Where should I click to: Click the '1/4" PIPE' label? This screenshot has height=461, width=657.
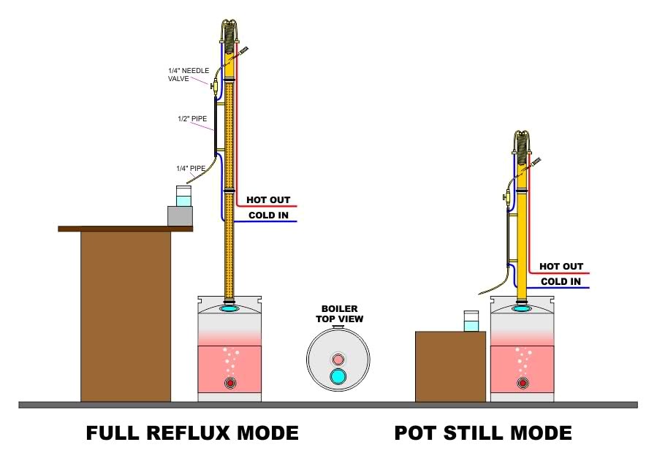click(x=189, y=168)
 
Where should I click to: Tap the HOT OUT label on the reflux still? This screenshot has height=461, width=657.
click(x=267, y=200)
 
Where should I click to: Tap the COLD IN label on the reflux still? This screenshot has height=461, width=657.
click(x=267, y=216)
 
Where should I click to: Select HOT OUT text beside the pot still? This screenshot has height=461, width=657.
click(x=561, y=267)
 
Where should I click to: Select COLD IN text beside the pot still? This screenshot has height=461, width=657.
click(x=561, y=282)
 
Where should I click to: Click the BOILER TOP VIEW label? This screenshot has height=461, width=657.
click(x=339, y=314)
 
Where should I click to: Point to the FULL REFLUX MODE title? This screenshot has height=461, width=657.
click(x=192, y=433)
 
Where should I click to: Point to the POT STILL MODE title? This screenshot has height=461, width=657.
click(x=483, y=433)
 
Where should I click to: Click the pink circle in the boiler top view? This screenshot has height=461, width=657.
click(x=338, y=359)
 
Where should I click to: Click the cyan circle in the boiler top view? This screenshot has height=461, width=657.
click(x=338, y=377)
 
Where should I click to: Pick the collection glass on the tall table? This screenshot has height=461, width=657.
click(x=183, y=197)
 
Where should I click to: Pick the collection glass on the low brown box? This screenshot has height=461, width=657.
click(x=471, y=321)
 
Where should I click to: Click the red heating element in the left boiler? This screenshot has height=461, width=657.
click(x=230, y=383)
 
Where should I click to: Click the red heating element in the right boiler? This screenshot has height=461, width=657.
click(x=522, y=383)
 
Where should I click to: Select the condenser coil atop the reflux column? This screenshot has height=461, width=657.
click(x=229, y=33)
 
